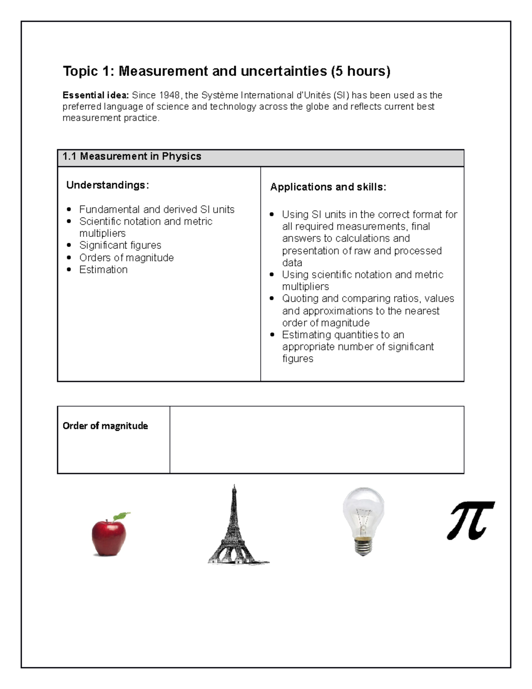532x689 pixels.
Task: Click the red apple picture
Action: (x=108, y=537)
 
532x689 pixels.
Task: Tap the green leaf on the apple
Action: (x=121, y=516)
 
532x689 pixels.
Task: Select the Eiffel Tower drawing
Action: (x=234, y=528)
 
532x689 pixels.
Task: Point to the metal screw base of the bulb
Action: (x=363, y=547)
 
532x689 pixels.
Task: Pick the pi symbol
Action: (x=470, y=520)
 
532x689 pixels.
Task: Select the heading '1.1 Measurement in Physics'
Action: (x=132, y=157)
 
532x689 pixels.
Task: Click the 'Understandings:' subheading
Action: (x=107, y=185)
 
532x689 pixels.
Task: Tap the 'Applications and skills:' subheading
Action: (x=328, y=187)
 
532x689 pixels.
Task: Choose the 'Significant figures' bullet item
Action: (x=120, y=245)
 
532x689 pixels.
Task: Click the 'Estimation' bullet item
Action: (x=103, y=270)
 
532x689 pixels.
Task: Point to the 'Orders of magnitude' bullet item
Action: (x=126, y=258)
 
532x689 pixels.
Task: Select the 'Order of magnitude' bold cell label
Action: (x=105, y=426)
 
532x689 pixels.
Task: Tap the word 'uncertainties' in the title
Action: (x=284, y=71)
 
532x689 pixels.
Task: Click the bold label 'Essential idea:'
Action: (x=95, y=95)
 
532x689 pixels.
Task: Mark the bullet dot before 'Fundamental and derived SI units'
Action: (x=69, y=209)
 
